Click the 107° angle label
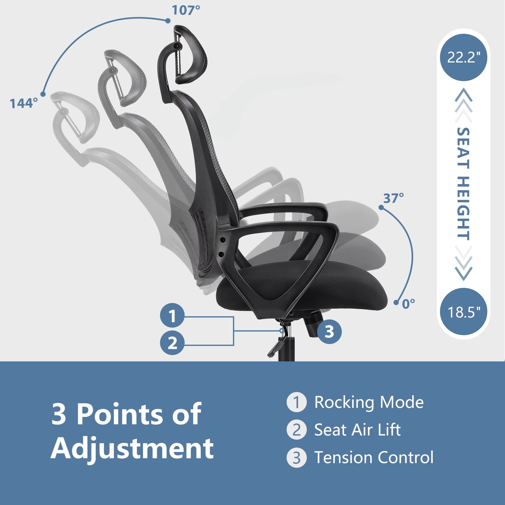pos(186,10)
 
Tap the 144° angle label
pos(24,103)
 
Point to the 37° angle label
pos(393,198)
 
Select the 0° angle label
pos(408,304)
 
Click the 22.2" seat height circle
pos(463,58)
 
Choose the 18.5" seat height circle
pos(463,312)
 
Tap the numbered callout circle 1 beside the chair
pos(172,315)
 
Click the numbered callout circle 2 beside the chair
pos(172,342)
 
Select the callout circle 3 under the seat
pos(329,331)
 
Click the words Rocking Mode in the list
pos(369,402)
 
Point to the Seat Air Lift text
pos(357,430)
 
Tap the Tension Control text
pos(374,457)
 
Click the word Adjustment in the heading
pos(132,448)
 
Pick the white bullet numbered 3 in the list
pos(296,458)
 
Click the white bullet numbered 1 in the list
pos(296,402)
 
